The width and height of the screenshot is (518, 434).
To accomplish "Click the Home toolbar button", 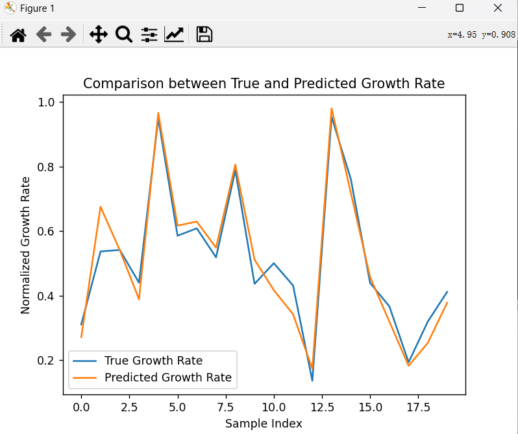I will [18, 34].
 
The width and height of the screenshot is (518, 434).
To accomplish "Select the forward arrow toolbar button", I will [68, 34].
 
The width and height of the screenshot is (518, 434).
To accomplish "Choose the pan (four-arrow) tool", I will [98, 34].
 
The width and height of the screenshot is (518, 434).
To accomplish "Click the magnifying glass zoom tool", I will [123, 34].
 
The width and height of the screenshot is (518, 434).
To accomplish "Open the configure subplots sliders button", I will [149, 34].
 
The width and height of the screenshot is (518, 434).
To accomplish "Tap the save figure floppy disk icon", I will [204, 34].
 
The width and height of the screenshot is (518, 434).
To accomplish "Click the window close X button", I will [498, 8].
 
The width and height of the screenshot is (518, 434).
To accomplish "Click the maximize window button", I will [460, 8].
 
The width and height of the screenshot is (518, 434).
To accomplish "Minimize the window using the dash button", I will [421, 8].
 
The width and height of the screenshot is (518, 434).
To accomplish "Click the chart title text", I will [264, 84].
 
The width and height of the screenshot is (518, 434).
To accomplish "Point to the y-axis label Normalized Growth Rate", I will [25, 245].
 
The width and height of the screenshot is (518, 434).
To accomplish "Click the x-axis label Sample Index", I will [264, 424].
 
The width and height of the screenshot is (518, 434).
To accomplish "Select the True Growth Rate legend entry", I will [153, 361].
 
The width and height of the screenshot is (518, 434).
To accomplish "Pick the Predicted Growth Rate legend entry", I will [167, 378].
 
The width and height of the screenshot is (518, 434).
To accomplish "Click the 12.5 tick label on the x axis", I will [321, 407].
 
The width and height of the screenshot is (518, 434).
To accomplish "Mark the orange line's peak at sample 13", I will [332, 108].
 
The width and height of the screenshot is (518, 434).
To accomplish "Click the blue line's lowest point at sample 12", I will [312, 380].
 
